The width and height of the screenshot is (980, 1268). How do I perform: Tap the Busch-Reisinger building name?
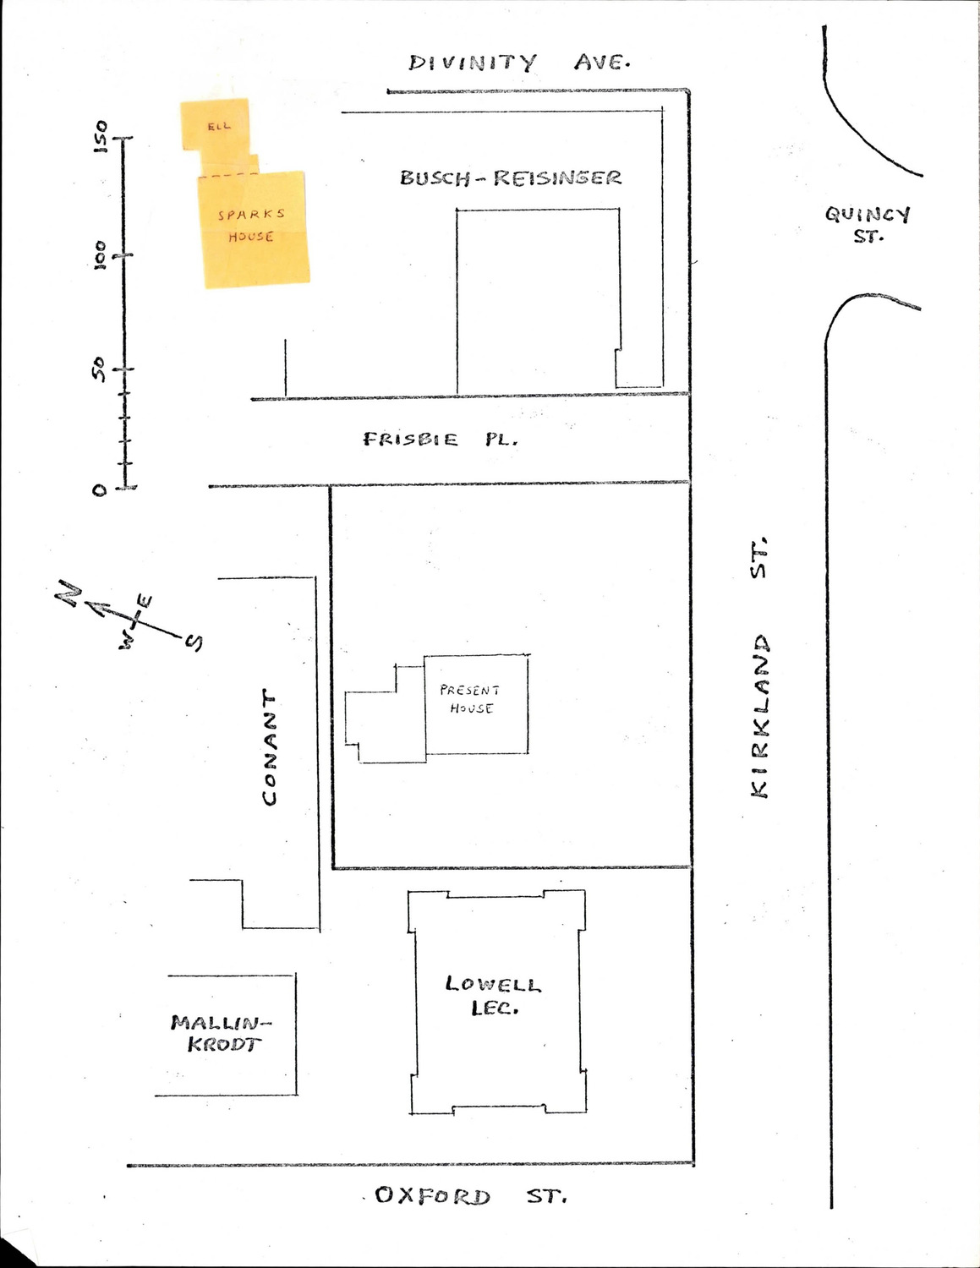[x=511, y=178]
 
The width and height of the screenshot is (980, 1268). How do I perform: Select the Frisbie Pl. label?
[x=440, y=440]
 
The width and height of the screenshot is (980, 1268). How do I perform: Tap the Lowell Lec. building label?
[x=494, y=996]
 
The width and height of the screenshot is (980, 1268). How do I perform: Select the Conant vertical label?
[x=270, y=747]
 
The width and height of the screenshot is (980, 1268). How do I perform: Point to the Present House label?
[x=470, y=699]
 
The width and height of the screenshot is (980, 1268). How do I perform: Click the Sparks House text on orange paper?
[x=251, y=226]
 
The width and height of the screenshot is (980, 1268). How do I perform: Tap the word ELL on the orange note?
[x=219, y=127]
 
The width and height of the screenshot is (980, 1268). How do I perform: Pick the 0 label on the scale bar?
[x=100, y=489]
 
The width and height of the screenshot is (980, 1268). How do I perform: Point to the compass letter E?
[x=145, y=601]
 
